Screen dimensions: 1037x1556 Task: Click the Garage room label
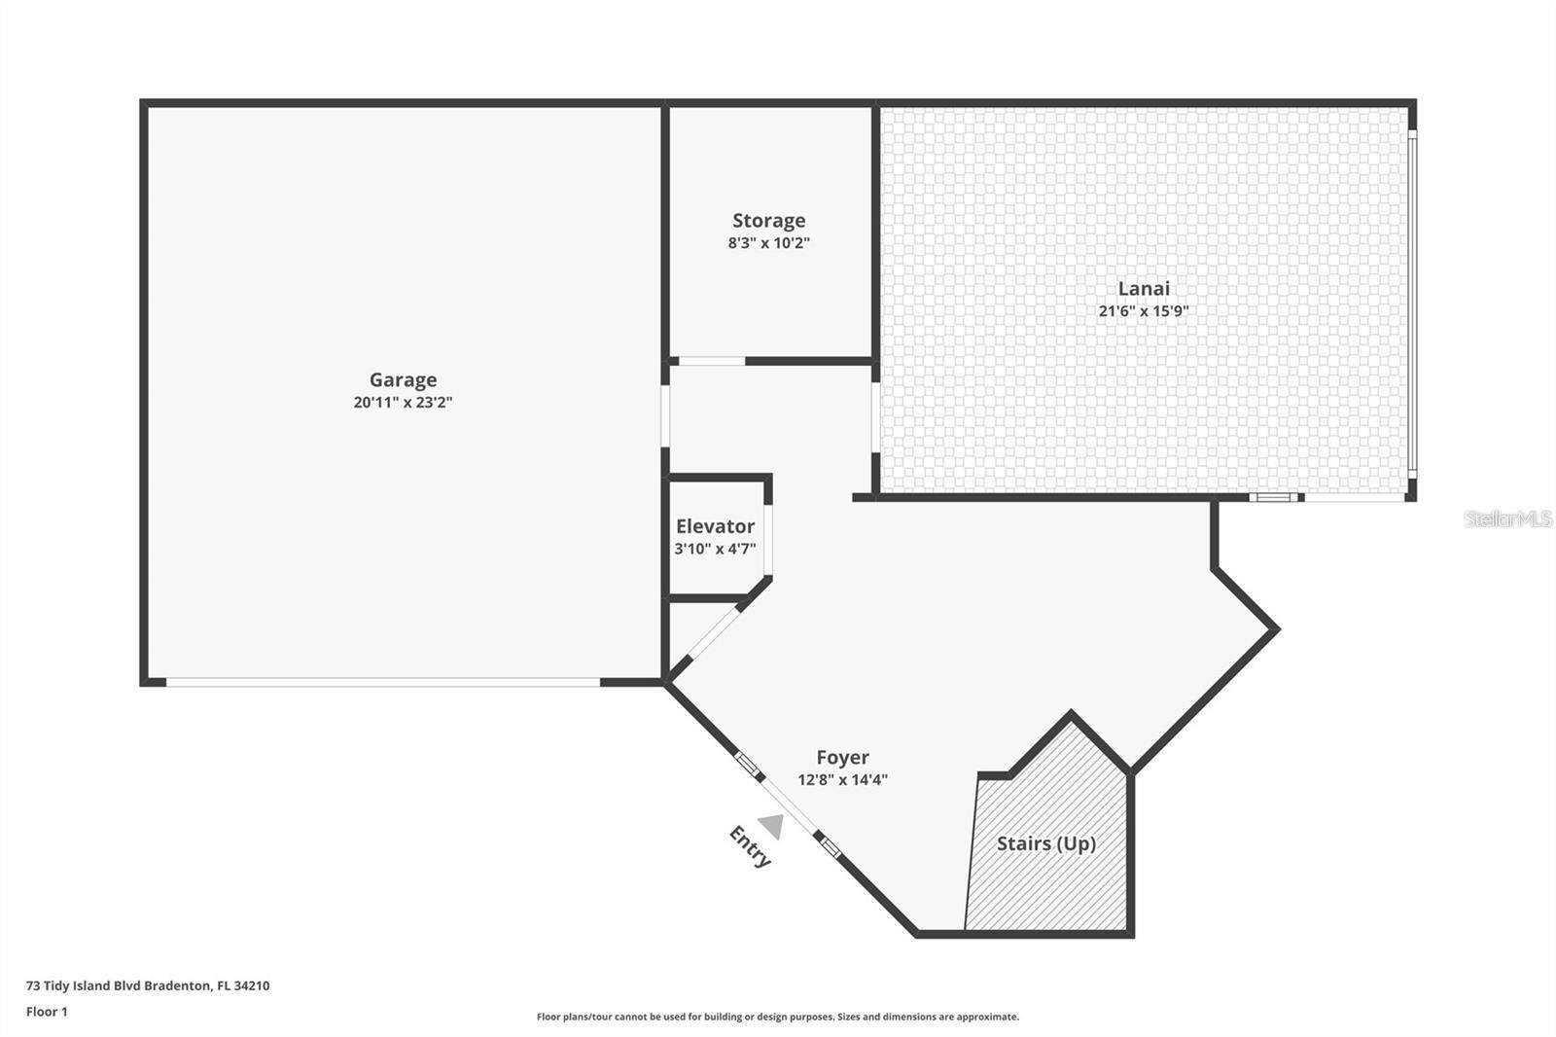(x=403, y=380)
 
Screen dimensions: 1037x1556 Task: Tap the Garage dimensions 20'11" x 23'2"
(x=403, y=403)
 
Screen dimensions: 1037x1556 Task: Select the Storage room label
(x=768, y=221)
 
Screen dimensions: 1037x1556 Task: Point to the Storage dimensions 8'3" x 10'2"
(x=768, y=243)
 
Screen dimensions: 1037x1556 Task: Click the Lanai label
(x=1144, y=288)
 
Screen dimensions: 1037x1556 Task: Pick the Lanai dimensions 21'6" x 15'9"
(x=1144, y=311)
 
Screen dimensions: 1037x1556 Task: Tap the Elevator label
(x=715, y=526)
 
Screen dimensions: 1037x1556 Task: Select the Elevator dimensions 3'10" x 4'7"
(x=715, y=549)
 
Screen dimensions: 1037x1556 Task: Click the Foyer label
(x=842, y=757)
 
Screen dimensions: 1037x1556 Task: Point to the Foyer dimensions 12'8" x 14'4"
(x=842, y=779)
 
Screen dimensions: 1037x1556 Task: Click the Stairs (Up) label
(x=1046, y=843)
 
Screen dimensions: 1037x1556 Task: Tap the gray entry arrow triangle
(x=772, y=826)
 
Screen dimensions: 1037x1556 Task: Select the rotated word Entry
(x=750, y=846)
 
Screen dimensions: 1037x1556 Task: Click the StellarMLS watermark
(x=1507, y=518)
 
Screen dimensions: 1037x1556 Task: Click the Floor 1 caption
(x=47, y=1012)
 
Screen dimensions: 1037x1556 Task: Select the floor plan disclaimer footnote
(x=778, y=1017)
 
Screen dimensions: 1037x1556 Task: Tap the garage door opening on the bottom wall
(x=383, y=682)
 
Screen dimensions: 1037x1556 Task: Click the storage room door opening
(x=711, y=362)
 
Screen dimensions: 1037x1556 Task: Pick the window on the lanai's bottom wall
(x=1274, y=497)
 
